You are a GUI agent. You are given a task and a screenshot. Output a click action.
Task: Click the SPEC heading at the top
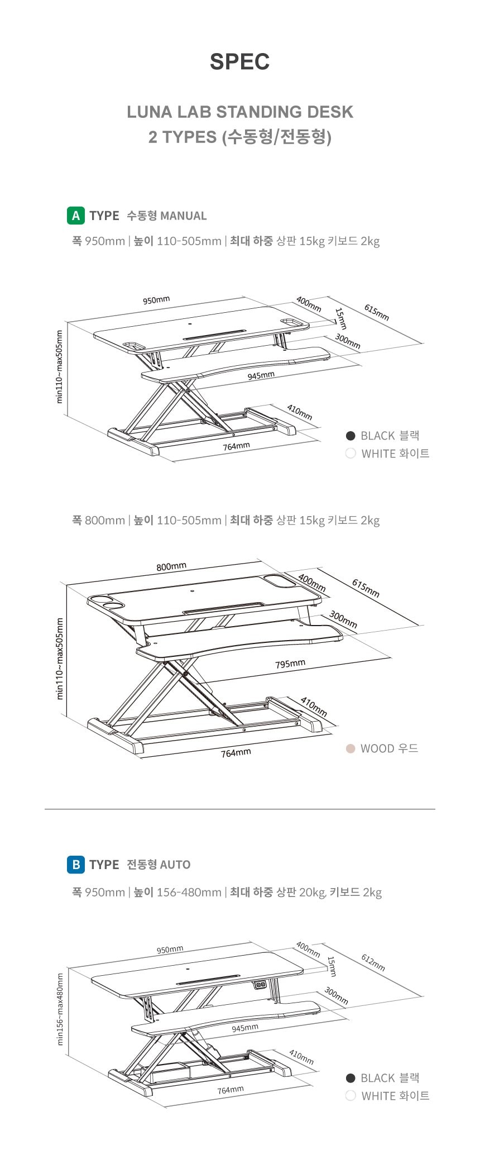(239, 61)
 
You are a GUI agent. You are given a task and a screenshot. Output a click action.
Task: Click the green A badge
(76, 216)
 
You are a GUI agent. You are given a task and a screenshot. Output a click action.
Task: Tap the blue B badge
(76, 865)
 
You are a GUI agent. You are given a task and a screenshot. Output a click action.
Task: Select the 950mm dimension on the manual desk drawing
(156, 300)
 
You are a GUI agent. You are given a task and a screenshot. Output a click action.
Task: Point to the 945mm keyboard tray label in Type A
(261, 376)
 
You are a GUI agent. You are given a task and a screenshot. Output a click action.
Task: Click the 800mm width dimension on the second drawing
(171, 566)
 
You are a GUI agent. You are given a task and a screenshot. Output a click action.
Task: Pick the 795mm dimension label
(290, 664)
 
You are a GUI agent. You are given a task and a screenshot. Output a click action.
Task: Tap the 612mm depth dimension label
(373, 962)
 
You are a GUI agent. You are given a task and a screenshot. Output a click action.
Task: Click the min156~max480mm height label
(60, 1009)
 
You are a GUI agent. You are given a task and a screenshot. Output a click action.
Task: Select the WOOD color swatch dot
(351, 748)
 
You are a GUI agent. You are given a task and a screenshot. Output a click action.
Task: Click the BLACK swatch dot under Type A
(351, 436)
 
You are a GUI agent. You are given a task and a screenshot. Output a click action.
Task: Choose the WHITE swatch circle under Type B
(351, 1096)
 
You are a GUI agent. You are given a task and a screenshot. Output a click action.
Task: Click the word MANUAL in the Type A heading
(183, 216)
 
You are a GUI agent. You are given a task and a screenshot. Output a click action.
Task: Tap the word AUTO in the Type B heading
(175, 865)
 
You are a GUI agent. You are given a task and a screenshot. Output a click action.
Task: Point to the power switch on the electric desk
(258, 985)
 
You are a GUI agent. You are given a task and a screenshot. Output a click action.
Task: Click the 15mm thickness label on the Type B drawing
(332, 966)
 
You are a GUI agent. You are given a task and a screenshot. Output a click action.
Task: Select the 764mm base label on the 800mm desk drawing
(236, 753)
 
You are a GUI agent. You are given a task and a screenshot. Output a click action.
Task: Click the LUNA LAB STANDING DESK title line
(240, 112)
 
